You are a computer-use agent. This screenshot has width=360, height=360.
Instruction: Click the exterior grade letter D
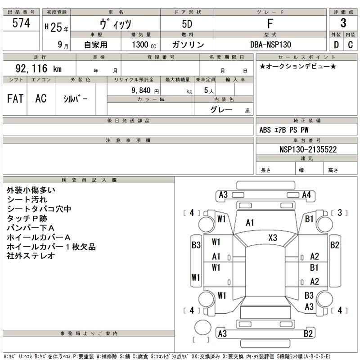click(x=336, y=45)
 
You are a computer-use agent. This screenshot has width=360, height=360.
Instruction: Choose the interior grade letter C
click(x=350, y=45)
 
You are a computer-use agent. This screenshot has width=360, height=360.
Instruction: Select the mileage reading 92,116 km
click(x=38, y=69)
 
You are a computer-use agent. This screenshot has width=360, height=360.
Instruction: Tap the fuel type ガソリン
click(x=188, y=45)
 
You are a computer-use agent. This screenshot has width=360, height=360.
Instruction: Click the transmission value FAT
click(x=15, y=99)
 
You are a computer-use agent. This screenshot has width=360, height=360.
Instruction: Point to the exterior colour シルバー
click(x=72, y=99)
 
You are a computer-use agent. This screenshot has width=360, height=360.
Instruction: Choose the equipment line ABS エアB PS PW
click(x=284, y=130)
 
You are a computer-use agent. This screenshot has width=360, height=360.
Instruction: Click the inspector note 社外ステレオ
click(x=31, y=256)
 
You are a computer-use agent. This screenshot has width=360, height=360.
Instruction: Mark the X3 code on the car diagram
click(x=273, y=238)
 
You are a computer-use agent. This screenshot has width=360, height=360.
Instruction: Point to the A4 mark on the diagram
click(x=307, y=195)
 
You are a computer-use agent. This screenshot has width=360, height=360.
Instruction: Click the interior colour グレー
click(x=221, y=110)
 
